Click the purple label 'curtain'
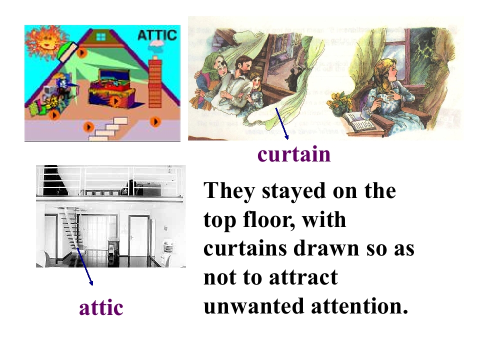click(294, 154)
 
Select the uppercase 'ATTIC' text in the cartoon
click(157, 35)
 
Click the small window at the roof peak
click(101, 36)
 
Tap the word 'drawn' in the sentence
click(321, 249)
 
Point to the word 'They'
click(229, 191)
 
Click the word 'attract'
click(303, 277)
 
